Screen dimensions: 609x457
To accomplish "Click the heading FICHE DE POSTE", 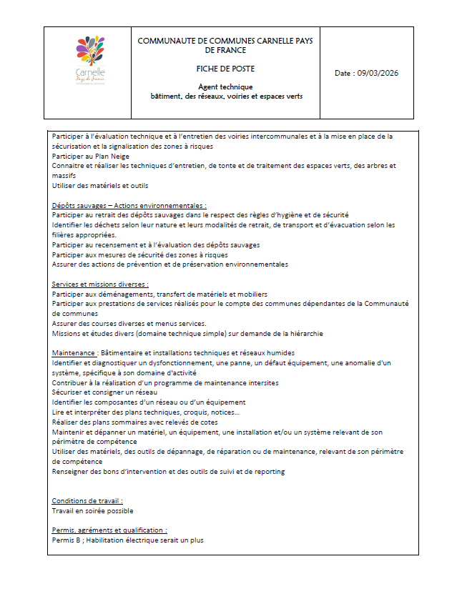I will pyautogui.click(x=225, y=69).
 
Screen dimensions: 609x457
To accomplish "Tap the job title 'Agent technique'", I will pyautogui.click(x=225, y=86).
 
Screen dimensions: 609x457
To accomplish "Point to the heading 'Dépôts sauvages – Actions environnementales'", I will pyautogui.click(x=129, y=205).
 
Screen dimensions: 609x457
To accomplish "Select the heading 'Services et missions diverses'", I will pyautogui.click(x=99, y=284).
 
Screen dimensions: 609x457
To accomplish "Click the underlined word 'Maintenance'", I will pyautogui.click(x=74, y=353).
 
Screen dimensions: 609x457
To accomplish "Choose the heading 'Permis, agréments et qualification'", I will pyautogui.click(x=109, y=530).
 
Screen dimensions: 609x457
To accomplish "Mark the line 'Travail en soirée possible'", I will pyautogui.click(x=92, y=511).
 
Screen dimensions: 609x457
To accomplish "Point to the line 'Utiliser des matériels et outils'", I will pyautogui.click(x=100, y=185).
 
